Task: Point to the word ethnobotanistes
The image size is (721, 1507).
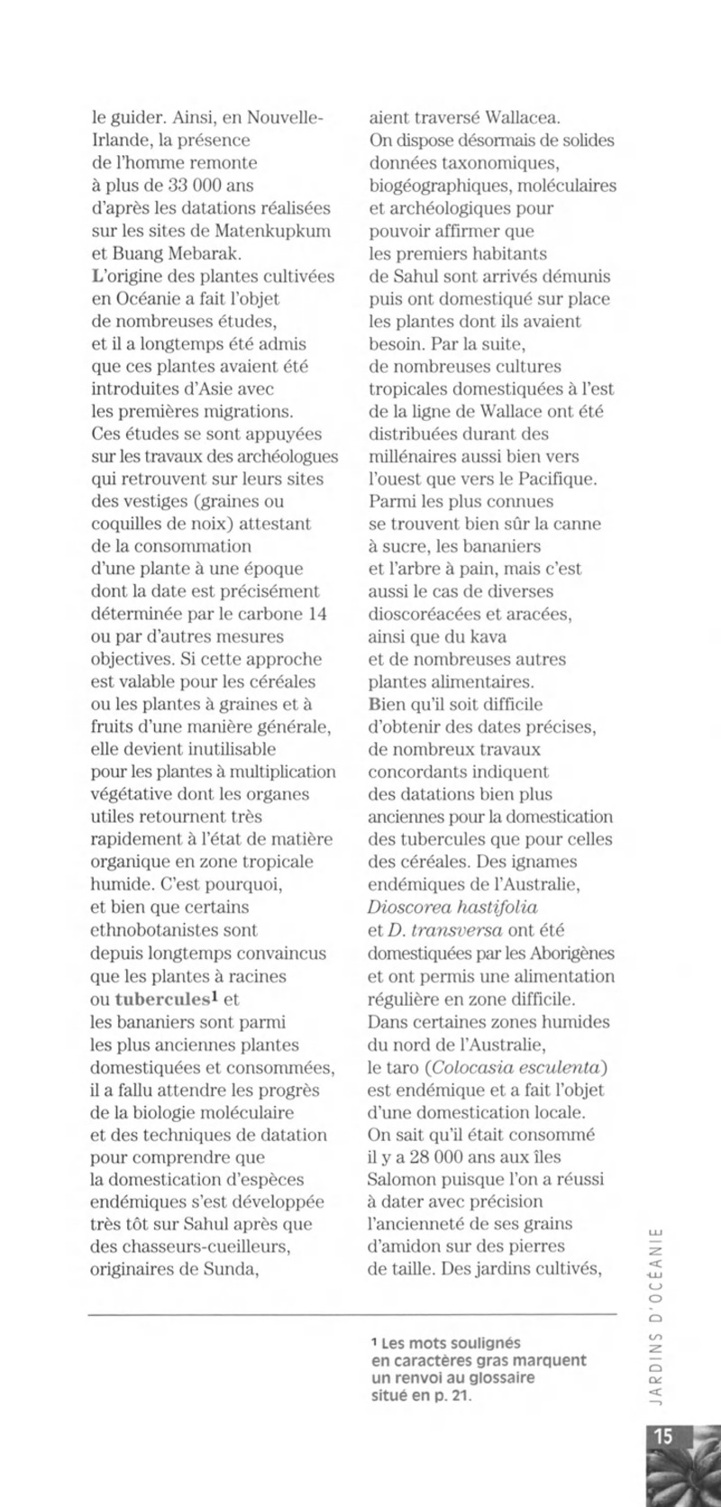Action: pyautogui.click(x=174, y=929)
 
